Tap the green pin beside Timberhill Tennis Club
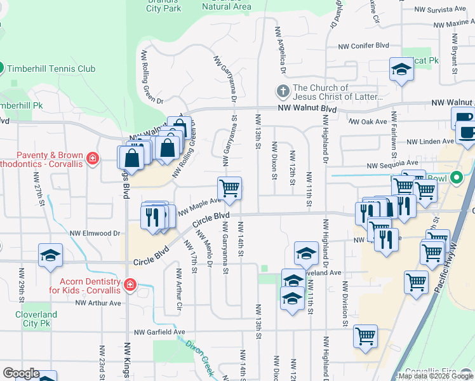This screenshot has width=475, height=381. [x=1, y=68]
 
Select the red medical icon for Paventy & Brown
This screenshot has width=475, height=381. [x=93, y=157]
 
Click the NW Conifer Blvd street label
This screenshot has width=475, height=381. [x=363, y=46]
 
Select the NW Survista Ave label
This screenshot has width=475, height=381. [x=439, y=10]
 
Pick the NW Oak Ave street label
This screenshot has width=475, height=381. [x=368, y=121]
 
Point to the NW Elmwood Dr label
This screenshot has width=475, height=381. [x=95, y=234]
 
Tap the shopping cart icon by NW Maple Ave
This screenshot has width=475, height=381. [x=229, y=188]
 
